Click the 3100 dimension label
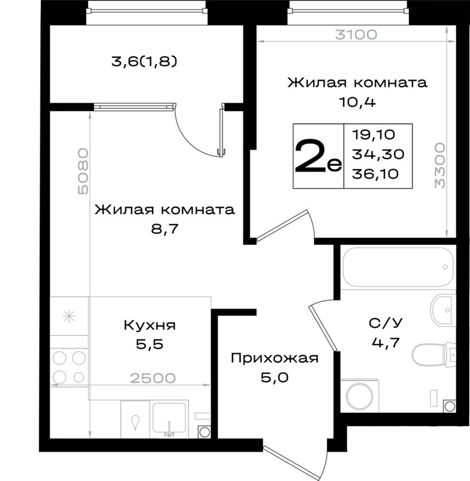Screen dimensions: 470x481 356,35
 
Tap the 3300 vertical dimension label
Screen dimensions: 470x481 440,165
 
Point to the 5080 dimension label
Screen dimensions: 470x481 83,172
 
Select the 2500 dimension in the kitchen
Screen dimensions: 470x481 153,378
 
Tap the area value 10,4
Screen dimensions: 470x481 357,102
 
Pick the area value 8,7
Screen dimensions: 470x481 165,229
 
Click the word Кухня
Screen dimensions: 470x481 149,325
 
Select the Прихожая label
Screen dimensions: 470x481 275,358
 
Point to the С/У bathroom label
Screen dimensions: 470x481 385,323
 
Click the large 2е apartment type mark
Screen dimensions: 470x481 318,156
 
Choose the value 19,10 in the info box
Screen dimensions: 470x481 374,135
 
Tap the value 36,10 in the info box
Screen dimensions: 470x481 376,174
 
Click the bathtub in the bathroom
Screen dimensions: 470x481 398,267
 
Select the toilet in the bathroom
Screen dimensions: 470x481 433,355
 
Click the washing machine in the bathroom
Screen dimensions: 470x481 360,396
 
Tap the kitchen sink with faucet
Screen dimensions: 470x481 169,419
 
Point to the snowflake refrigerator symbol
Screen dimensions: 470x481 69,316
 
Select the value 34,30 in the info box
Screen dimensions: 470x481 378,154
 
